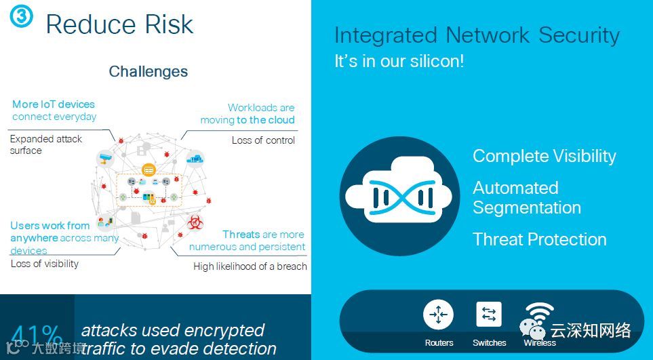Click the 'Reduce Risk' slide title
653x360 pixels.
point(119,24)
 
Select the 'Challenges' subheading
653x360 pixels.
point(148,71)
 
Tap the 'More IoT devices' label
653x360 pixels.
point(54,104)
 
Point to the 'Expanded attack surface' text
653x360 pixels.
point(45,144)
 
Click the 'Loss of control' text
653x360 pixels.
point(263,140)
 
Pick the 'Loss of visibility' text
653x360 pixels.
point(45,264)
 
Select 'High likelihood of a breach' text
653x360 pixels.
point(250,266)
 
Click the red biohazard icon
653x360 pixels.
point(195,222)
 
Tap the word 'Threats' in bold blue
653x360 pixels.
point(241,235)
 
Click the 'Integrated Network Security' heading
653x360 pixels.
point(477,35)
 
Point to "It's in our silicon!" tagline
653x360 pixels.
point(399,61)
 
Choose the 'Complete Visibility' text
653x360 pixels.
point(544,156)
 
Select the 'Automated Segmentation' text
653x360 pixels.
point(526,197)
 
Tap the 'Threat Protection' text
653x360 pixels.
point(539,239)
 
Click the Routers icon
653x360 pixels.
point(438,315)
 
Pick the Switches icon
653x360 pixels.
point(489,315)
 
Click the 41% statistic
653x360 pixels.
point(37,337)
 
